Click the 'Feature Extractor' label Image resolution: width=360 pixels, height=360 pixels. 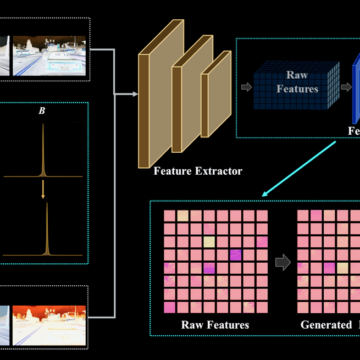point(197,171)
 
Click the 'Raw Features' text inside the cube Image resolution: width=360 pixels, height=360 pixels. point(297,82)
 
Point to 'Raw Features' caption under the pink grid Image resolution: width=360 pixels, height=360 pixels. point(215,325)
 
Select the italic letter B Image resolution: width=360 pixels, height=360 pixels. point(42,110)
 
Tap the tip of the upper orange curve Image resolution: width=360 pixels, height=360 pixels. point(43,126)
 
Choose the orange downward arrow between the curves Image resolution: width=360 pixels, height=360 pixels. point(43,190)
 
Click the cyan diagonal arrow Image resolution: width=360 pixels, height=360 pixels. point(300,168)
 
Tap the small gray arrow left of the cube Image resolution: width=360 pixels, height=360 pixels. point(246,87)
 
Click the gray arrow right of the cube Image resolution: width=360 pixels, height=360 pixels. point(346,87)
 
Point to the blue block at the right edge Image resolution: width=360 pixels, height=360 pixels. point(356,91)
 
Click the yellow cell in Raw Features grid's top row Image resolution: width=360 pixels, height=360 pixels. point(182,215)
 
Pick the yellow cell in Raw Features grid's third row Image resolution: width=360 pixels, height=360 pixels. point(209,242)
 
